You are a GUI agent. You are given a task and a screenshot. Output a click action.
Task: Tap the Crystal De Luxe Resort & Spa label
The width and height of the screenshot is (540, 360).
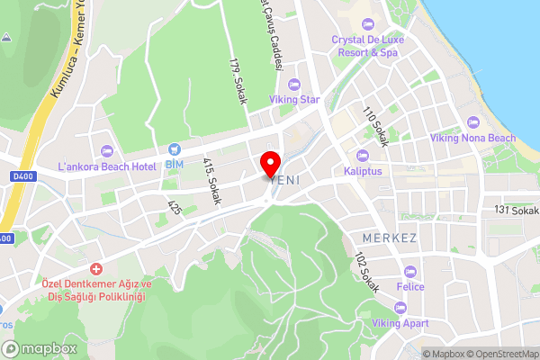367,46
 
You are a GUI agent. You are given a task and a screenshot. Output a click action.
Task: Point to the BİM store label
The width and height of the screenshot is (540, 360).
174,166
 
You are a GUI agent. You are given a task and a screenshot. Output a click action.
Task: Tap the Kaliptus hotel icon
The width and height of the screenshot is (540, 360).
363,155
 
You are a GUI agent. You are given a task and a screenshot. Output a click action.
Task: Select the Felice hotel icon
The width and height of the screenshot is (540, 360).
410,271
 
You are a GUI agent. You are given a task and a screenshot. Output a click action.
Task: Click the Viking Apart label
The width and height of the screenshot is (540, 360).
401,322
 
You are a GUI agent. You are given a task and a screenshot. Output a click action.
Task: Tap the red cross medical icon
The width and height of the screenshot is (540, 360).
95,269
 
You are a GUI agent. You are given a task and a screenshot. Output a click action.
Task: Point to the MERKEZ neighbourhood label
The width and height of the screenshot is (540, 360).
389,238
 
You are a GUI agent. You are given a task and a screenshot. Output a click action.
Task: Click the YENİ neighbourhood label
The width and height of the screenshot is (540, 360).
284,181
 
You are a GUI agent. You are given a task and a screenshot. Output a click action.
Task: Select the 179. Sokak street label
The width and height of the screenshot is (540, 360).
238,82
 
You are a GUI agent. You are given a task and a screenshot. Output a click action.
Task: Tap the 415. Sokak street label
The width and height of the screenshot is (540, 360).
211,181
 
